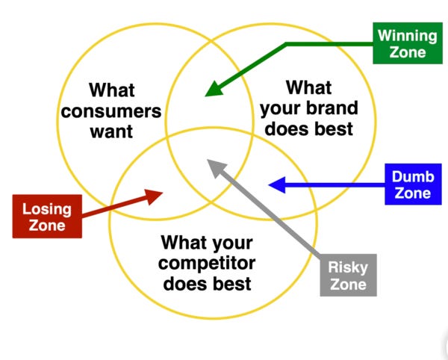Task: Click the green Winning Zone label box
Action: (408, 43)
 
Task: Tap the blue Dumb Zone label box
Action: (413, 184)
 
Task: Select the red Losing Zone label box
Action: (47, 217)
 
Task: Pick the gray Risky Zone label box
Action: (348, 275)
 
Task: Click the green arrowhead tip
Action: (205, 96)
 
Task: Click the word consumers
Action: (111, 111)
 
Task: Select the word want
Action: (111, 131)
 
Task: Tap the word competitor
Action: (207, 264)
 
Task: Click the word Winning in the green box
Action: (408, 36)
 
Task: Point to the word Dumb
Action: (413, 176)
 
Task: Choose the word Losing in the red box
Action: (47, 209)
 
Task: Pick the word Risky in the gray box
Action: (348, 267)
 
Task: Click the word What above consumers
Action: (112, 90)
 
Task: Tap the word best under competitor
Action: (231, 283)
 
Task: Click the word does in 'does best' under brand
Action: (287, 128)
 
